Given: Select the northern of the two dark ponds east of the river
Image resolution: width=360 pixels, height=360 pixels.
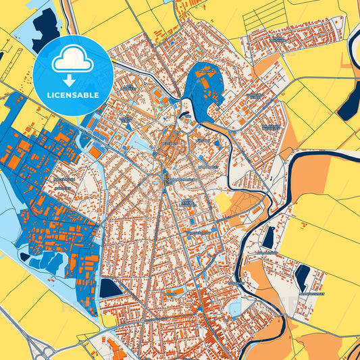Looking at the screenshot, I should [269, 236].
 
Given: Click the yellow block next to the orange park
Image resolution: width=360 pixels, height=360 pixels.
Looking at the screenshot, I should [223, 203].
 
